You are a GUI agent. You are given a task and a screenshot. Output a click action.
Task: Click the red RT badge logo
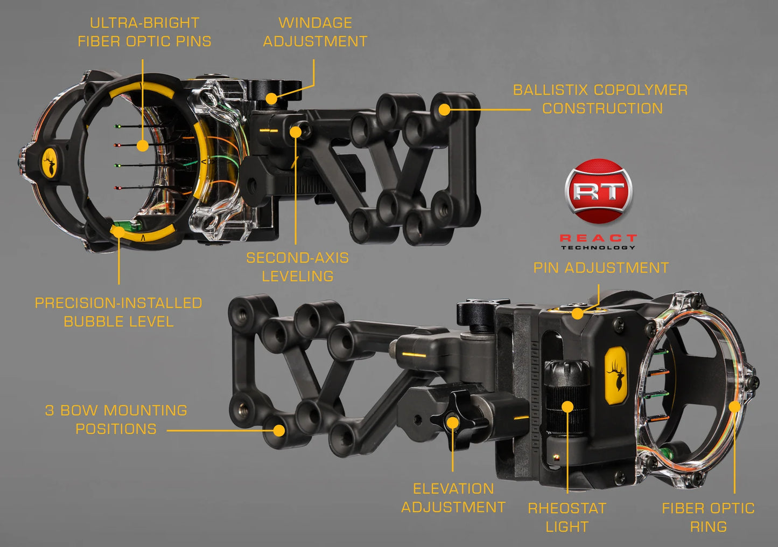pos(598,191)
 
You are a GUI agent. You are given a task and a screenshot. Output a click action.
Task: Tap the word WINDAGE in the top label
pos(316,23)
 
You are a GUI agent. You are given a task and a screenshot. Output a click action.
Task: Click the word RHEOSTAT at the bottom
pos(567,508)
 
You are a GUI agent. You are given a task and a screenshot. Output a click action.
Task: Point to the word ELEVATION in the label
pos(453,489)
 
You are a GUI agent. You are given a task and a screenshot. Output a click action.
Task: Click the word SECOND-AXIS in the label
pos(297,258)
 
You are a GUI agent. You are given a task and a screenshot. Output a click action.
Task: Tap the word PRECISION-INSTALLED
pos(118,303)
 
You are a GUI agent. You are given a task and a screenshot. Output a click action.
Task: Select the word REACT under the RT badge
pos(598,238)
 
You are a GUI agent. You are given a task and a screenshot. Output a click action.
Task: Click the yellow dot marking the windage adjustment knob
pos(271,99)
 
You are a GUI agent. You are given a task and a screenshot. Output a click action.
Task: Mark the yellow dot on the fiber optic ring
pos(734,407)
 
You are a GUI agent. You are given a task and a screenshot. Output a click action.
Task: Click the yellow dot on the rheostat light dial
pos(567,407)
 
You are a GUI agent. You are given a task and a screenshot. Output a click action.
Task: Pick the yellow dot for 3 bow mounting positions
pos(279,431)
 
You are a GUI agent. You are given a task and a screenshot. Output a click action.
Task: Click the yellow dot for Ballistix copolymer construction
pos(444,110)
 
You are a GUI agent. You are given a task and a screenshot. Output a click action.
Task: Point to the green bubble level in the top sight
pos(128,225)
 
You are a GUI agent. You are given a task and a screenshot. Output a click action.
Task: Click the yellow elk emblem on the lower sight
pos(616,375)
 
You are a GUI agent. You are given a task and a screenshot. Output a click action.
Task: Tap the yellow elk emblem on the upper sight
pos(50,163)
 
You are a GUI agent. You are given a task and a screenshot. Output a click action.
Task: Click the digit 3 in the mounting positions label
pos(50,411)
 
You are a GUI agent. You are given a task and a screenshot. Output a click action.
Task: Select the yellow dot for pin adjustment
pos(577,314)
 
